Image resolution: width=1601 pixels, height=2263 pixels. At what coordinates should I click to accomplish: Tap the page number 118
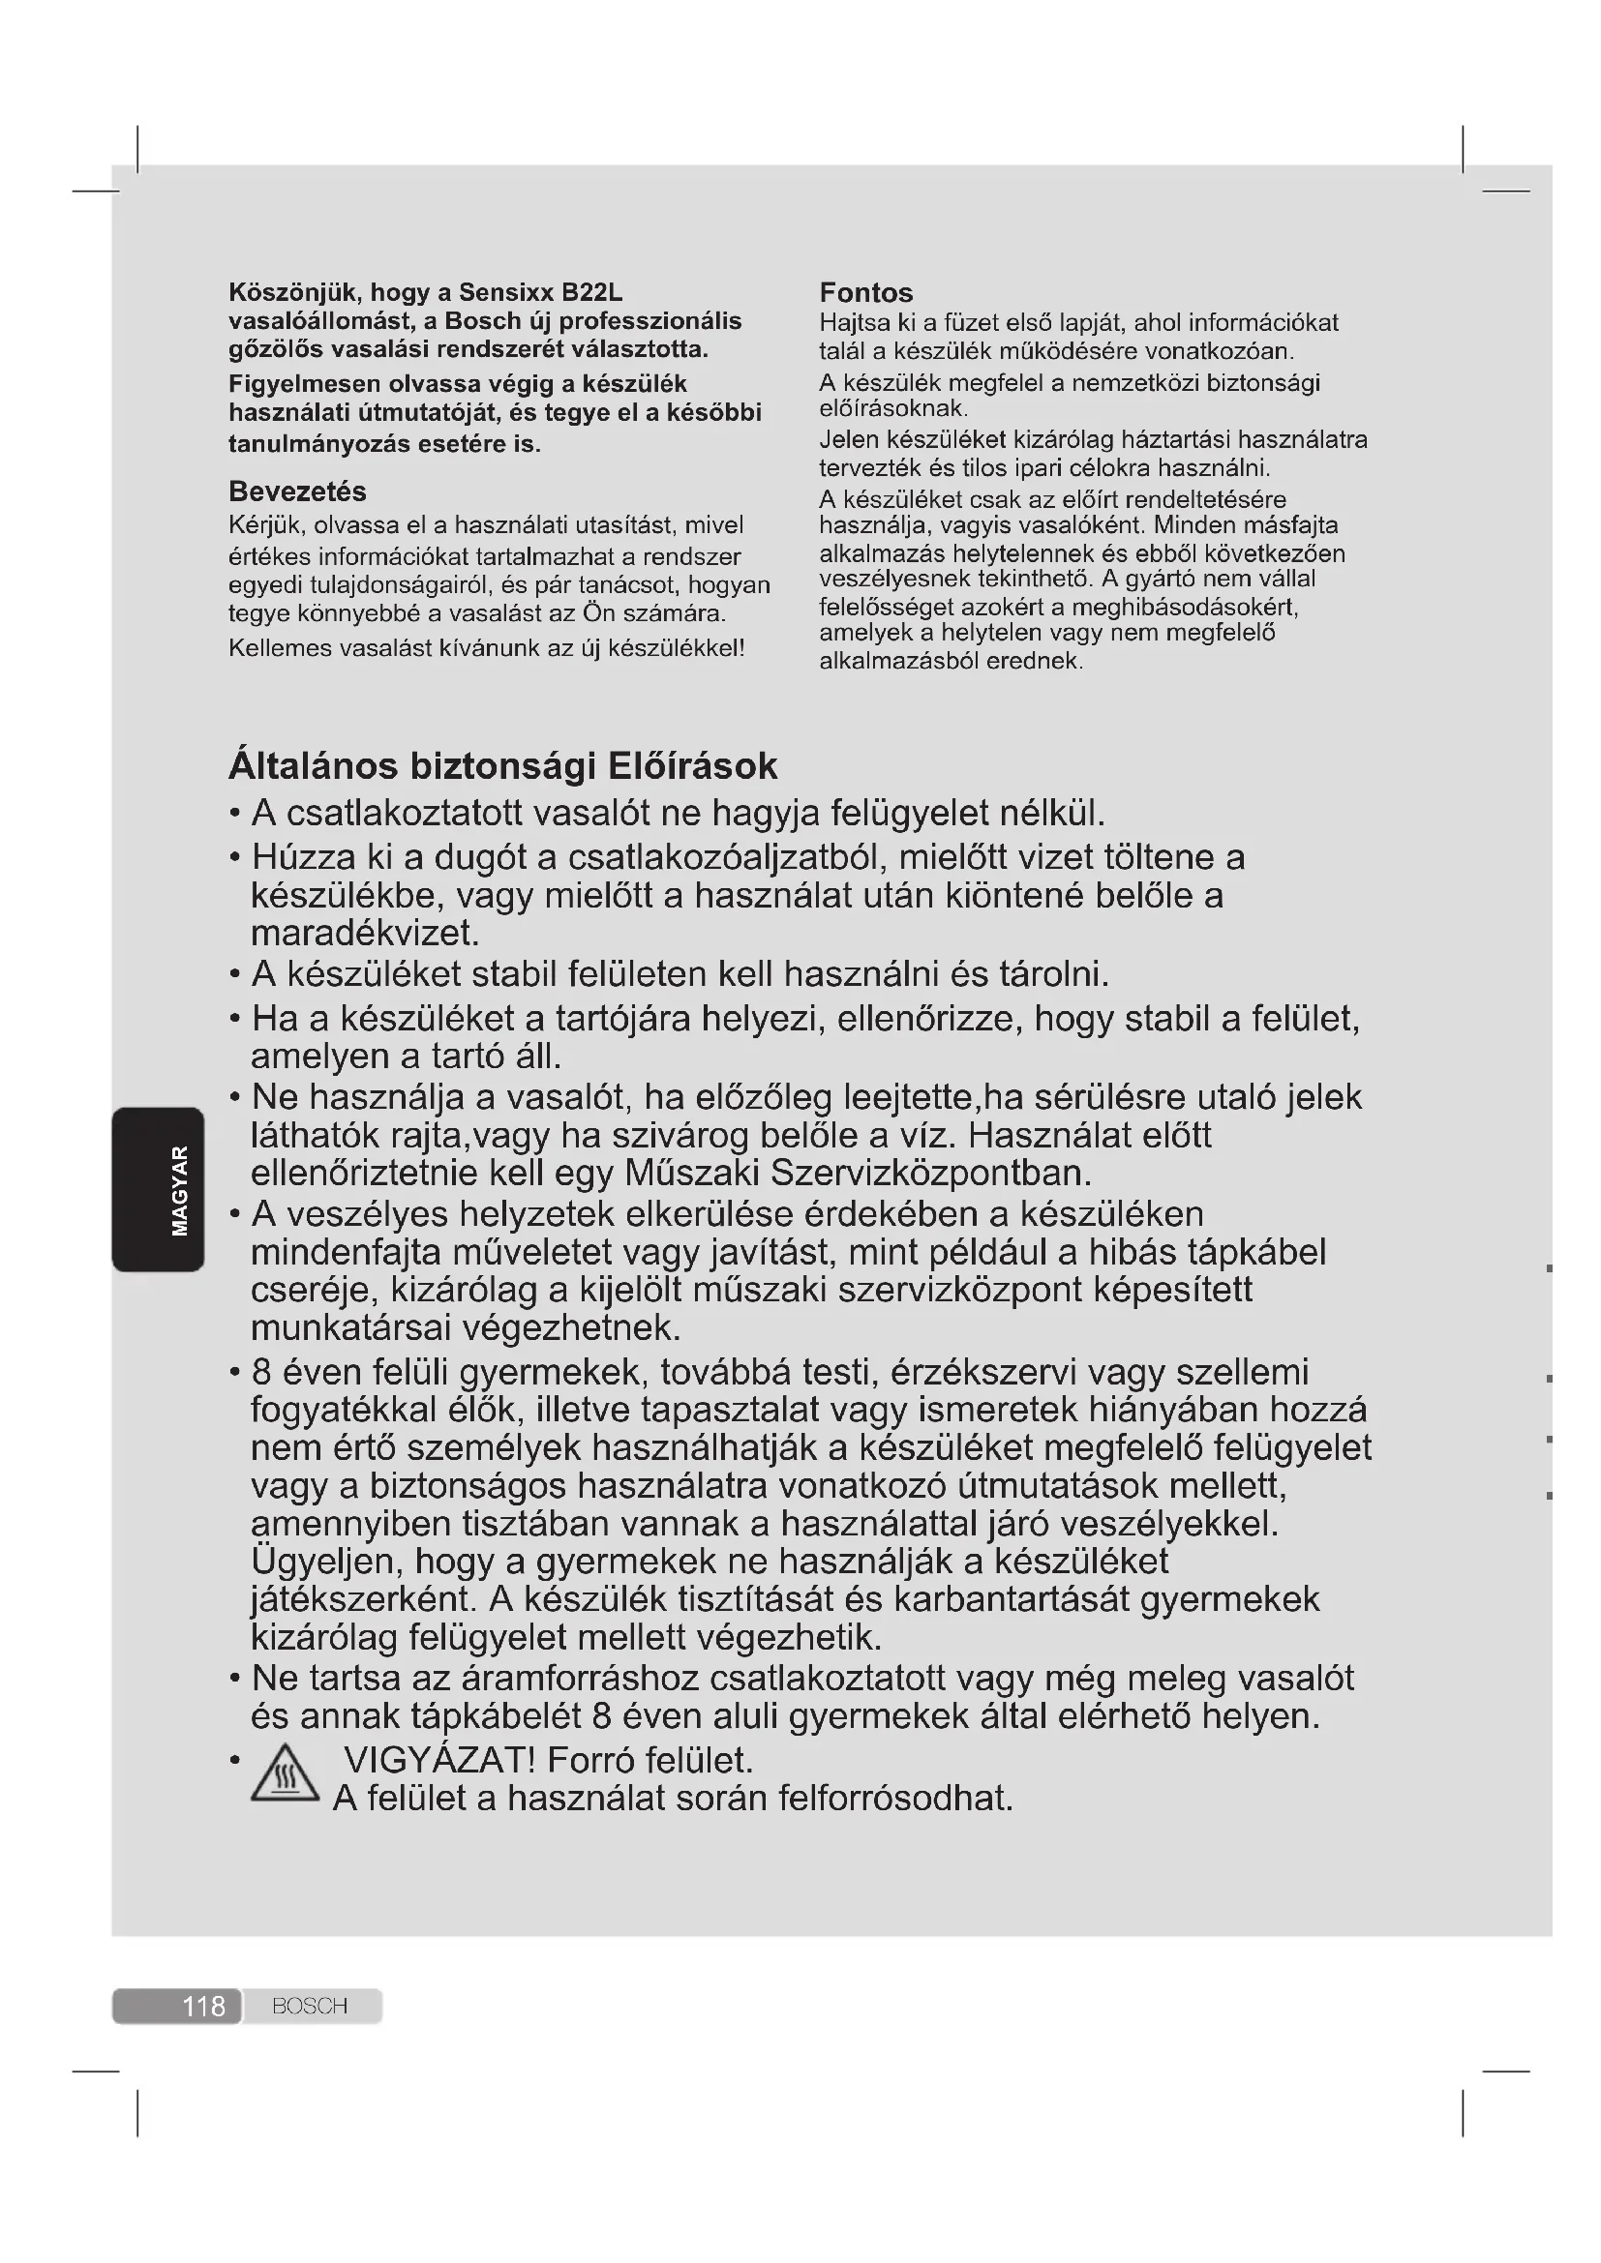(x=203, y=2006)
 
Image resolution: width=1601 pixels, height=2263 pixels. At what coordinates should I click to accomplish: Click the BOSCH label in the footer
(x=310, y=2006)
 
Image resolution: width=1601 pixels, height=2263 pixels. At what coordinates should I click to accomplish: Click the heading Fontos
(x=865, y=293)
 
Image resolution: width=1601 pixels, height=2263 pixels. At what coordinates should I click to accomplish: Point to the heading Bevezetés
(x=297, y=491)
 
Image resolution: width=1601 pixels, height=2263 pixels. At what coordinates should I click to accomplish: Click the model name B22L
(x=591, y=293)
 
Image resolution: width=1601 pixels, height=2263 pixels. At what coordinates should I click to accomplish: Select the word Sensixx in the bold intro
(x=505, y=293)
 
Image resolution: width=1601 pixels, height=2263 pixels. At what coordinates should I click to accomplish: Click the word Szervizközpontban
(x=930, y=1173)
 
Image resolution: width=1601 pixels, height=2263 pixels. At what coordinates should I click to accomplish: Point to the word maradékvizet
(x=365, y=933)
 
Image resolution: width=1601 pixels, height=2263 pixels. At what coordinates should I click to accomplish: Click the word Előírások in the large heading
(x=692, y=766)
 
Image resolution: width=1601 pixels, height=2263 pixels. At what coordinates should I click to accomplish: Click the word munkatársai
(x=351, y=1328)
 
